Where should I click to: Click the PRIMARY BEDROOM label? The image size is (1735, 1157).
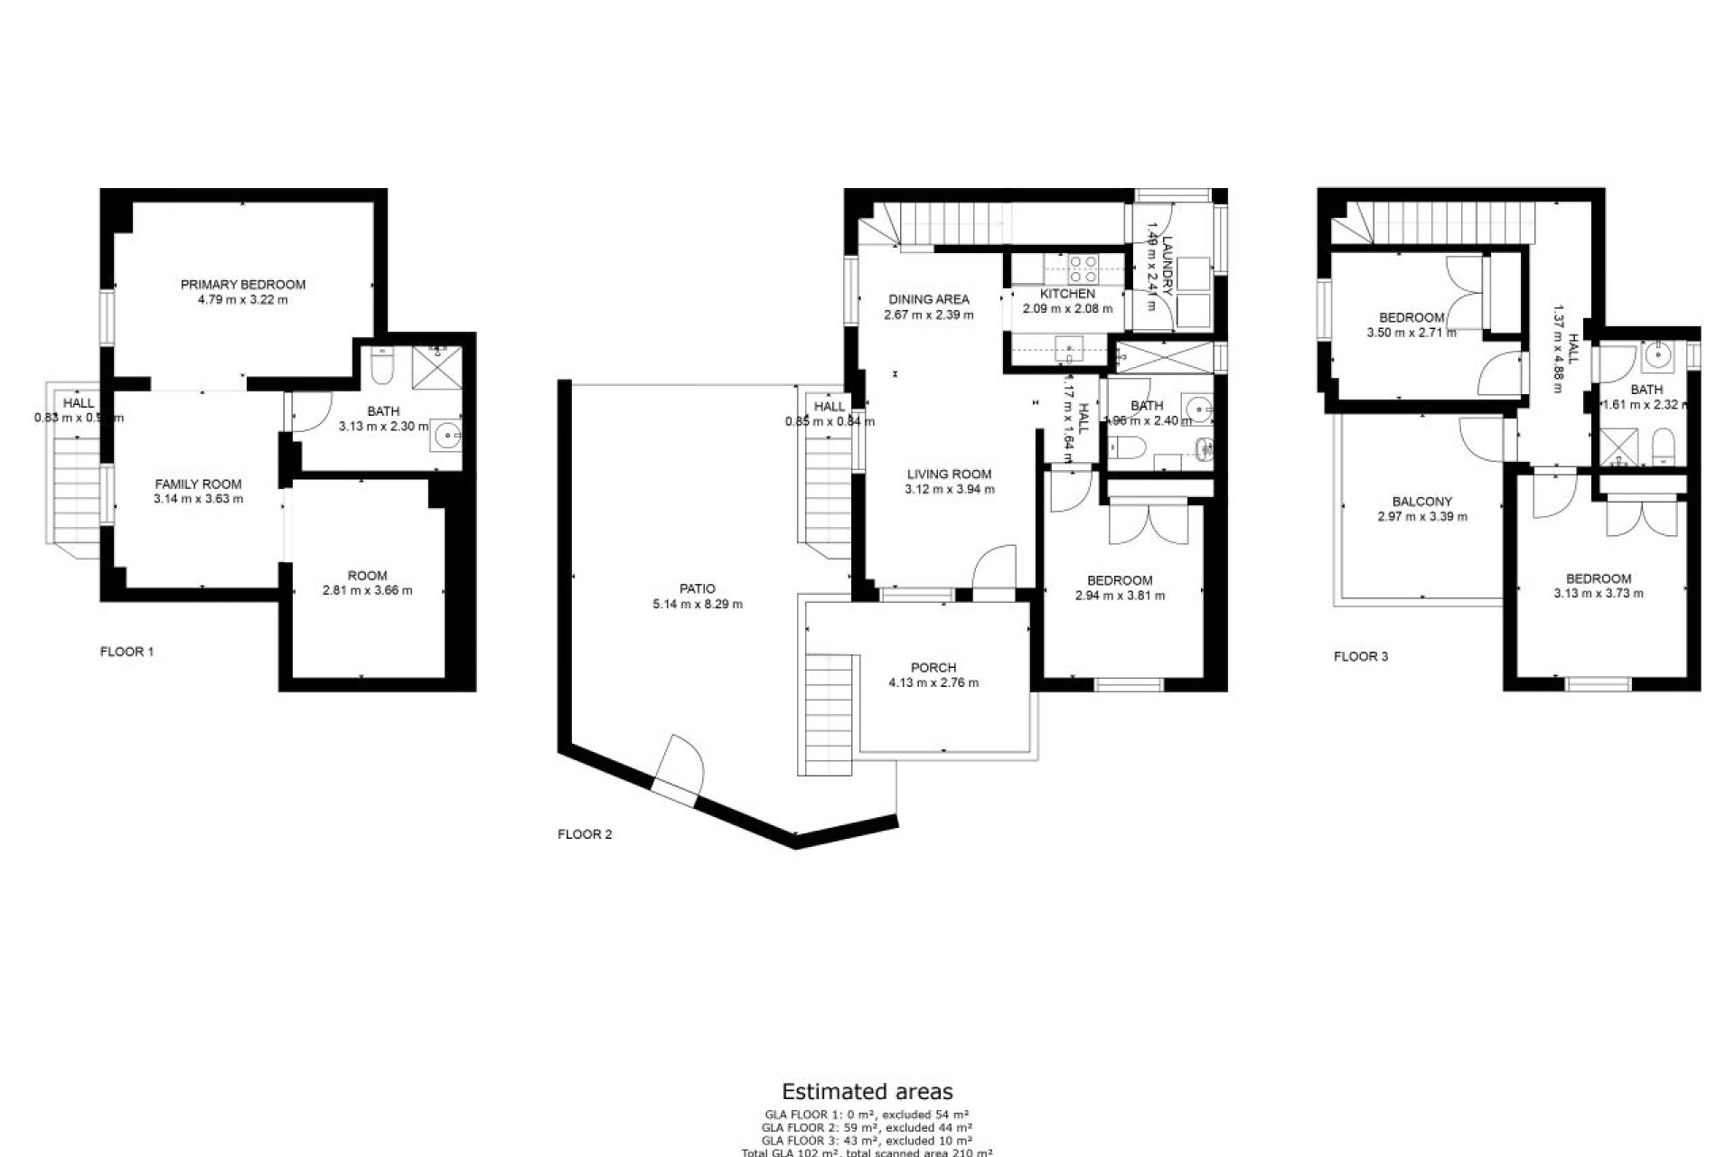click(243, 284)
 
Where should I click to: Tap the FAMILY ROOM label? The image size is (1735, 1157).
click(199, 484)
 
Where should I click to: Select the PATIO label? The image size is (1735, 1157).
click(698, 588)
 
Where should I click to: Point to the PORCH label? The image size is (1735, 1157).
click(933, 668)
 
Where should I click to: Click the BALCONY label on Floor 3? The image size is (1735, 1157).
click(1422, 502)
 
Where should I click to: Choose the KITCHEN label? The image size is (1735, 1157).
click(1067, 294)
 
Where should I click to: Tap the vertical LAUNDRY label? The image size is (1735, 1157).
click(1167, 266)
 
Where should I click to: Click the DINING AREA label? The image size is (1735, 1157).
click(929, 299)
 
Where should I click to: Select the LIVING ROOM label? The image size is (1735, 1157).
click(950, 474)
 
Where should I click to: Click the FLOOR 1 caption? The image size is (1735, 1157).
click(127, 651)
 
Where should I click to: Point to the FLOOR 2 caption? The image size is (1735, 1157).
click(585, 834)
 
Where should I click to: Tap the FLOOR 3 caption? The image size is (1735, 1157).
click(1361, 656)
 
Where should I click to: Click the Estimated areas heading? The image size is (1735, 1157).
click(867, 1092)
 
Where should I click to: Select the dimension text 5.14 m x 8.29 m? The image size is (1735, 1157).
click(698, 604)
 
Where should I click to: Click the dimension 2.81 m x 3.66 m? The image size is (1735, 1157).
click(368, 590)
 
